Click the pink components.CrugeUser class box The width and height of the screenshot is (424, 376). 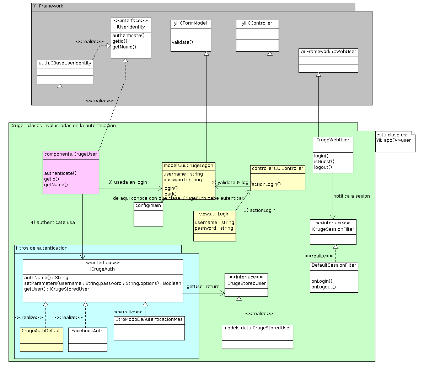click(x=71, y=172)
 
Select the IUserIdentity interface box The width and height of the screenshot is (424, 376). click(x=131, y=38)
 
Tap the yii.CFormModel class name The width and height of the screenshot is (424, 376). click(x=190, y=23)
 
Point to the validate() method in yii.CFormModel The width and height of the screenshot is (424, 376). click(x=182, y=42)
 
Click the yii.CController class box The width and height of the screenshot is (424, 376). click(x=257, y=36)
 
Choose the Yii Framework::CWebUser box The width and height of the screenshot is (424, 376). click(x=328, y=61)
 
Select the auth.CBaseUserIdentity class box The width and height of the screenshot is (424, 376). click(x=65, y=72)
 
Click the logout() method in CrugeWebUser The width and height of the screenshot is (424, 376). click(x=323, y=167)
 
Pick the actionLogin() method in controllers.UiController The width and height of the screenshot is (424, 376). click(x=266, y=184)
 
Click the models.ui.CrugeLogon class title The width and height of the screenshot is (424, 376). click(x=188, y=166)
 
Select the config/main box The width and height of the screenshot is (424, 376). click(x=148, y=214)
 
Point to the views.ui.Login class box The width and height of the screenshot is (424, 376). click(x=214, y=226)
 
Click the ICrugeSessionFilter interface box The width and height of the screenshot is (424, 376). click(x=333, y=232)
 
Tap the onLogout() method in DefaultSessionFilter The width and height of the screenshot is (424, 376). click(x=323, y=287)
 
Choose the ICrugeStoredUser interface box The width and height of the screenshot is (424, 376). click(x=246, y=285)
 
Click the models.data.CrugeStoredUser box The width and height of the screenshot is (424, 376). click(x=257, y=336)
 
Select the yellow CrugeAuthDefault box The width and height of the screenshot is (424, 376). click(x=41, y=339)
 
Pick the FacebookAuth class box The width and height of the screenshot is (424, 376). click(x=87, y=339)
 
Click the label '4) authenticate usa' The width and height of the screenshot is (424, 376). click(x=53, y=223)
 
